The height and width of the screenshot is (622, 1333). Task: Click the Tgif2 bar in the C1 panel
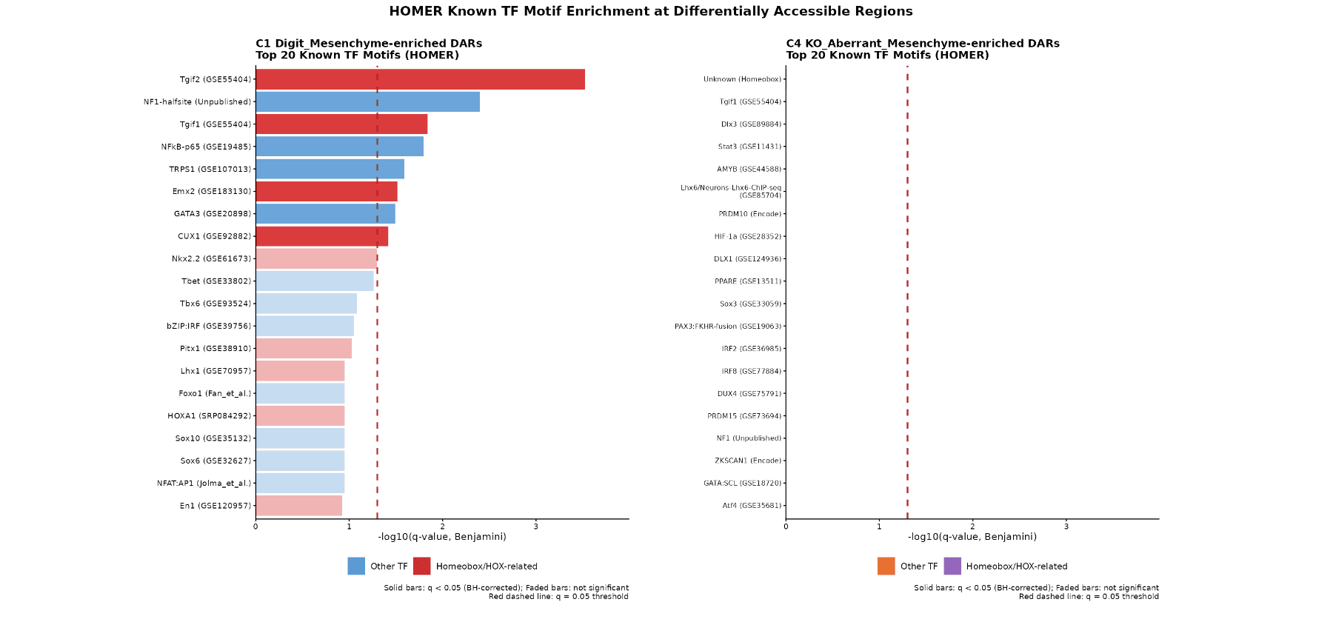[420, 79]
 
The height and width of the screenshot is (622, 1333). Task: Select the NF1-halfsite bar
[367, 101]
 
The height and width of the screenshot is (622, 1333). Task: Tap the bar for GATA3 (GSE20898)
[325, 214]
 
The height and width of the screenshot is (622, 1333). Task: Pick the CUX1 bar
[321, 236]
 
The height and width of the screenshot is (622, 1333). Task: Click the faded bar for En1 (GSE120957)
[298, 506]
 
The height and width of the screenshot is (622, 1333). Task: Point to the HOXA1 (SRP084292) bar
[300, 416]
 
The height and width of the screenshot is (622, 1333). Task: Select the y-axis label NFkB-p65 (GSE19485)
[206, 147]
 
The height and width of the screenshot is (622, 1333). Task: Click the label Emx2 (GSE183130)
[212, 191]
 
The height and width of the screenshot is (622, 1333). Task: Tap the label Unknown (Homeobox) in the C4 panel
[742, 79]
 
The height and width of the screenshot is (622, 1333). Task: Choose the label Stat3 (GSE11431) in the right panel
[749, 147]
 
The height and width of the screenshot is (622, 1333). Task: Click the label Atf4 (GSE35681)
[752, 506]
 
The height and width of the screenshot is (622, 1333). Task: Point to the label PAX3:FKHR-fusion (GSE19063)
[727, 327]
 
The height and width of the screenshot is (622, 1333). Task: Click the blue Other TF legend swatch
[356, 566]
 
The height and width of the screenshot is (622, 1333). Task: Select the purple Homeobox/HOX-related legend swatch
[952, 566]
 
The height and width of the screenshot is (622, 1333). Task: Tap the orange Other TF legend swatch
[886, 566]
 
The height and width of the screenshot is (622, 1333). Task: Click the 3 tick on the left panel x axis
[535, 526]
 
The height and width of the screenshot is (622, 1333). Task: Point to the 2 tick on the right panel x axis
[972, 526]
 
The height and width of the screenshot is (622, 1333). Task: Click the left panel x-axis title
[441, 537]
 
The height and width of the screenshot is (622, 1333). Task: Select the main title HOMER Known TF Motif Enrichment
[650, 11]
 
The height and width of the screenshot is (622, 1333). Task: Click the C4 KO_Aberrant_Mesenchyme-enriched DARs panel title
[922, 44]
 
